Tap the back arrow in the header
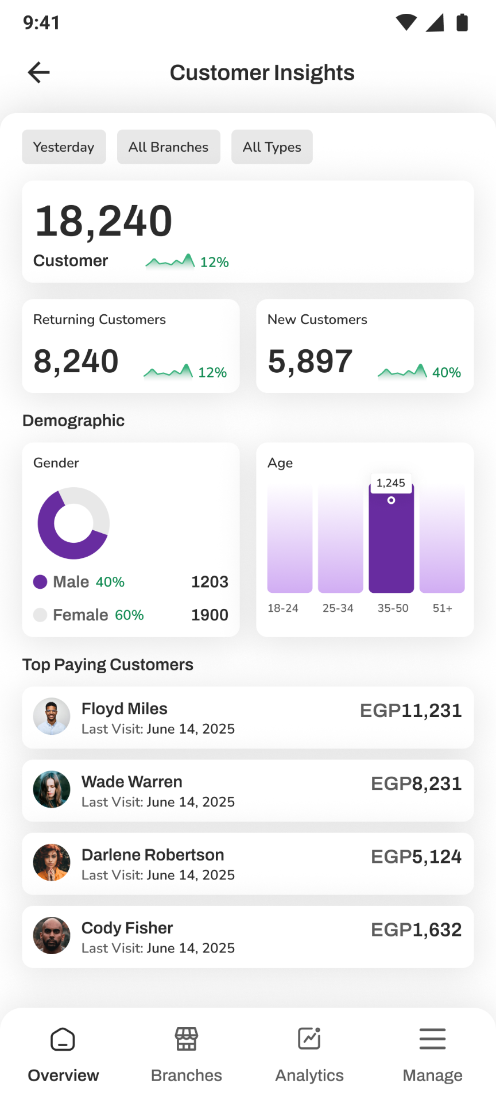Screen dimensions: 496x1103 click(x=38, y=72)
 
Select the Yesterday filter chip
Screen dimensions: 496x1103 click(x=64, y=147)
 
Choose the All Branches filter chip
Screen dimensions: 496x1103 click(x=168, y=147)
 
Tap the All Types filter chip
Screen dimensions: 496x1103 click(x=272, y=147)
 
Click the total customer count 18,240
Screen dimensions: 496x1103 click(x=103, y=222)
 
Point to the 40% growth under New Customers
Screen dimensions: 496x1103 click(x=447, y=373)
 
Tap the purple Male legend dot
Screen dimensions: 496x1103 click(x=40, y=582)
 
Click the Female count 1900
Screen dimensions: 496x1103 click(x=210, y=615)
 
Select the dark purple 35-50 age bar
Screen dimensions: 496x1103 click(x=391, y=538)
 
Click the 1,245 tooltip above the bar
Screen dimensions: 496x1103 click(x=391, y=483)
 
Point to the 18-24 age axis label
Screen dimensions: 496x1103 click(x=283, y=608)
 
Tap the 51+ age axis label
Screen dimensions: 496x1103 click(x=443, y=608)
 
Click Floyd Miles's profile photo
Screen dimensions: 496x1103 click(x=52, y=717)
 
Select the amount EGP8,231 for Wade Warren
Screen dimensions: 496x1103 click(x=416, y=784)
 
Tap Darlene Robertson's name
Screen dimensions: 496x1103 click(x=153, y=855)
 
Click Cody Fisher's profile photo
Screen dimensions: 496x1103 click(x=52, y=936)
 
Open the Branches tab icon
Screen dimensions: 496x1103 click(x=187, y=1039)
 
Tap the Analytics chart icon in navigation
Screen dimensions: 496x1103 click(x=309, y=1039)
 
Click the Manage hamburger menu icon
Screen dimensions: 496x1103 click(x=432, y=1039)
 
